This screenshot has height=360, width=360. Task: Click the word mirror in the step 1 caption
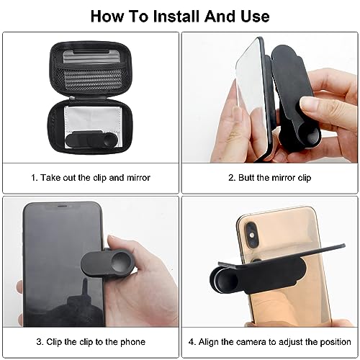tap(137, 177)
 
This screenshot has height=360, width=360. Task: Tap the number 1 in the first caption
tap(32, 177)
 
